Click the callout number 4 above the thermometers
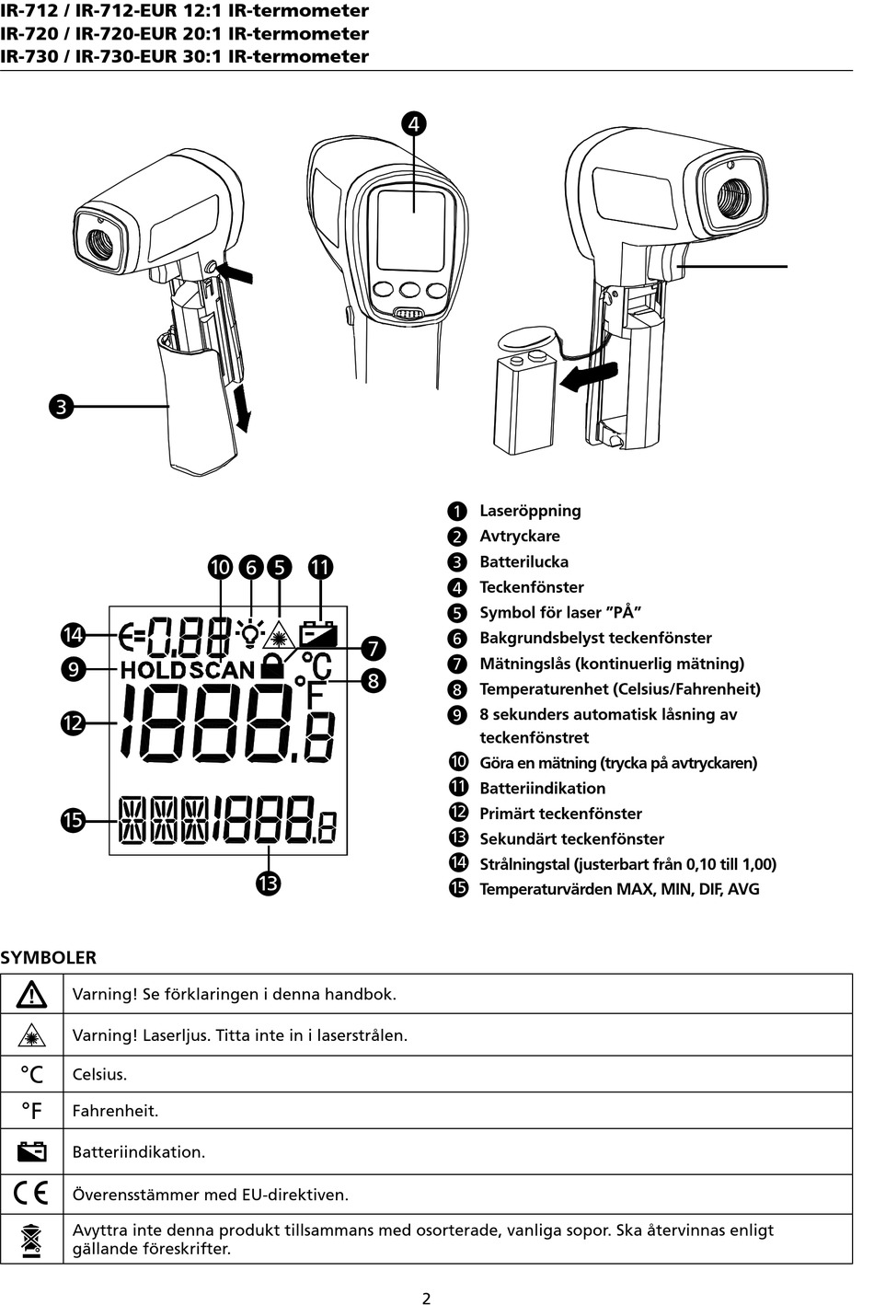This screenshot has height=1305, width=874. tap(413, 123)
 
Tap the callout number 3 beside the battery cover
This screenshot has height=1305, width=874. tap(61, 406)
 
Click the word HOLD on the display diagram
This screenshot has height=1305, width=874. tap(153, 670)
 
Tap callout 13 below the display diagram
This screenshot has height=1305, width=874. tap(268, 883)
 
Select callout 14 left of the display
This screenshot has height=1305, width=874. tap(73, 634)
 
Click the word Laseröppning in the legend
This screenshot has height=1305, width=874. tap(530, 511)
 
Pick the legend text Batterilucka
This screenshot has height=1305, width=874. tap(523, 561)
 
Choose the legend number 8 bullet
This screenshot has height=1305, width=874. tap(458, 689)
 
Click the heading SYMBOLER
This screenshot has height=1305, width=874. tap(48, 957)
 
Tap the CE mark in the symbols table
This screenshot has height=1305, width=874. tap(31, 1194)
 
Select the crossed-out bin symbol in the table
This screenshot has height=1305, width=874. tap(31, 1239)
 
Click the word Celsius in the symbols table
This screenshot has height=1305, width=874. tap(99, 1074)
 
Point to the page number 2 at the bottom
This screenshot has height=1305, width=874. tap(426, 1299)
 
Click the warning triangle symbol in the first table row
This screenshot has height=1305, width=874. tap(31, 994)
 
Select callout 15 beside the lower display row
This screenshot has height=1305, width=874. tap(73, 820)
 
